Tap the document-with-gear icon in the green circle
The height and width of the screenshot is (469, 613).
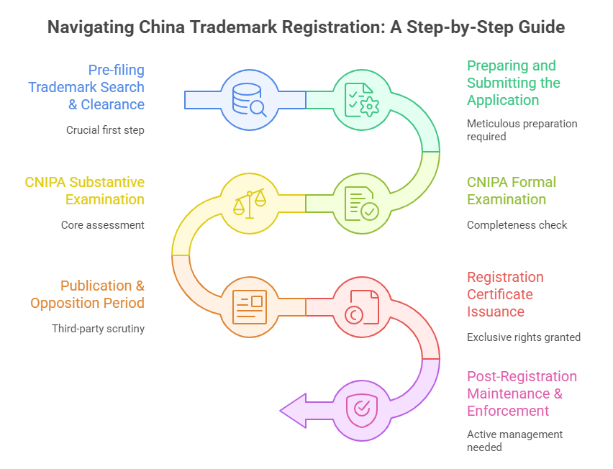pyautogui.click(x=362, y=99)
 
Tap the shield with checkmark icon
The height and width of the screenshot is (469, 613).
pyautogui.click(x=362, y=410)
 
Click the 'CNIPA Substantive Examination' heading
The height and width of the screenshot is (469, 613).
pyautogui.click(x=85, y=191)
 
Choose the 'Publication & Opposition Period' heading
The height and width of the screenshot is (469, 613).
pyautogui.click(x=87, y=294)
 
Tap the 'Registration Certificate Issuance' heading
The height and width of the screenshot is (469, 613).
pyautogui.click(x=505, y=294)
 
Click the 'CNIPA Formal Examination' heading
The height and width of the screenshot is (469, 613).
pyautogui.click(x=512, y=191)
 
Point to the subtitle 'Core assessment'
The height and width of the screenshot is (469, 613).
pyautogui.click(x=103, y=225)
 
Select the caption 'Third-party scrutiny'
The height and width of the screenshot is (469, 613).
pyautogui.click(x=98, y=329)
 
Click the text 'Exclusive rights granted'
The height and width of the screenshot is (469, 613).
pyautogui.click(x=523, y=337)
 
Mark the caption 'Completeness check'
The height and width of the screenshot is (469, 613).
pyautogui.click(x=517, y=225)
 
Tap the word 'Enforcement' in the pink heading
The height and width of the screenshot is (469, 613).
pyautogui.click(x=508, y=411)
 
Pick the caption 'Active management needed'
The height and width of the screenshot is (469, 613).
pyautogui.click(x=514, y=440)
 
